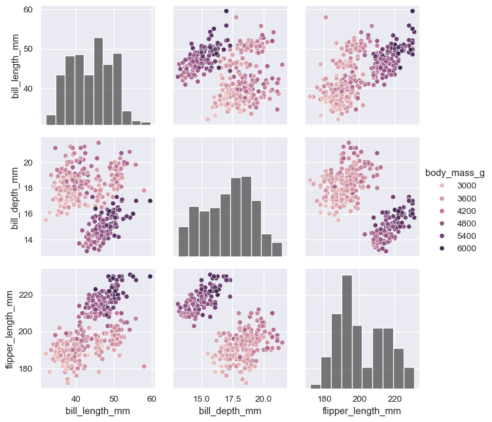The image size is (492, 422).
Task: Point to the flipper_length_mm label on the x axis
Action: (x=362, y=411)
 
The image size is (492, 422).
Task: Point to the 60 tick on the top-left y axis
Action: (x=28, y=10)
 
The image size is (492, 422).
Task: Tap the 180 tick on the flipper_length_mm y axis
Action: (x=26, y=369)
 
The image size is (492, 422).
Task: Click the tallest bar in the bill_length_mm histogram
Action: (x=98, y=81)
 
